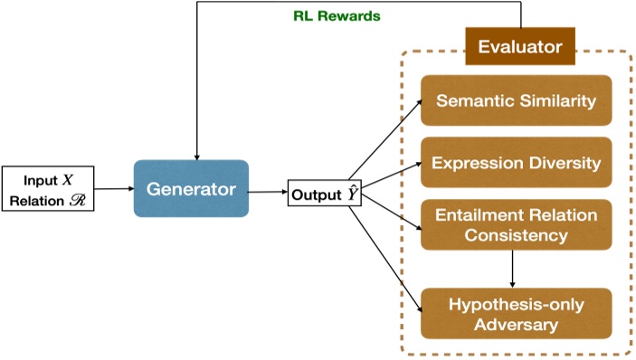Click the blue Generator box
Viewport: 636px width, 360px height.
191,188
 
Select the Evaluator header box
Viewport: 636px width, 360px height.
520,45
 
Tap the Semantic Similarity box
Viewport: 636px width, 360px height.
516,100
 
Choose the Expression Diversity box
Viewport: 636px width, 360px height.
516,163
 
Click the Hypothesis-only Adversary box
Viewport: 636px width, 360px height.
516,313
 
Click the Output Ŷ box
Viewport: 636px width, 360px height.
318,193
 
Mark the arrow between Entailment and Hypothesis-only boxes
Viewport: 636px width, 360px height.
513,269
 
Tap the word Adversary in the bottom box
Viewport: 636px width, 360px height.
516,323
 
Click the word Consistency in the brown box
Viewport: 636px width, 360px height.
516,235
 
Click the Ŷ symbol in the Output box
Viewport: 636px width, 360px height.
339,192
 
